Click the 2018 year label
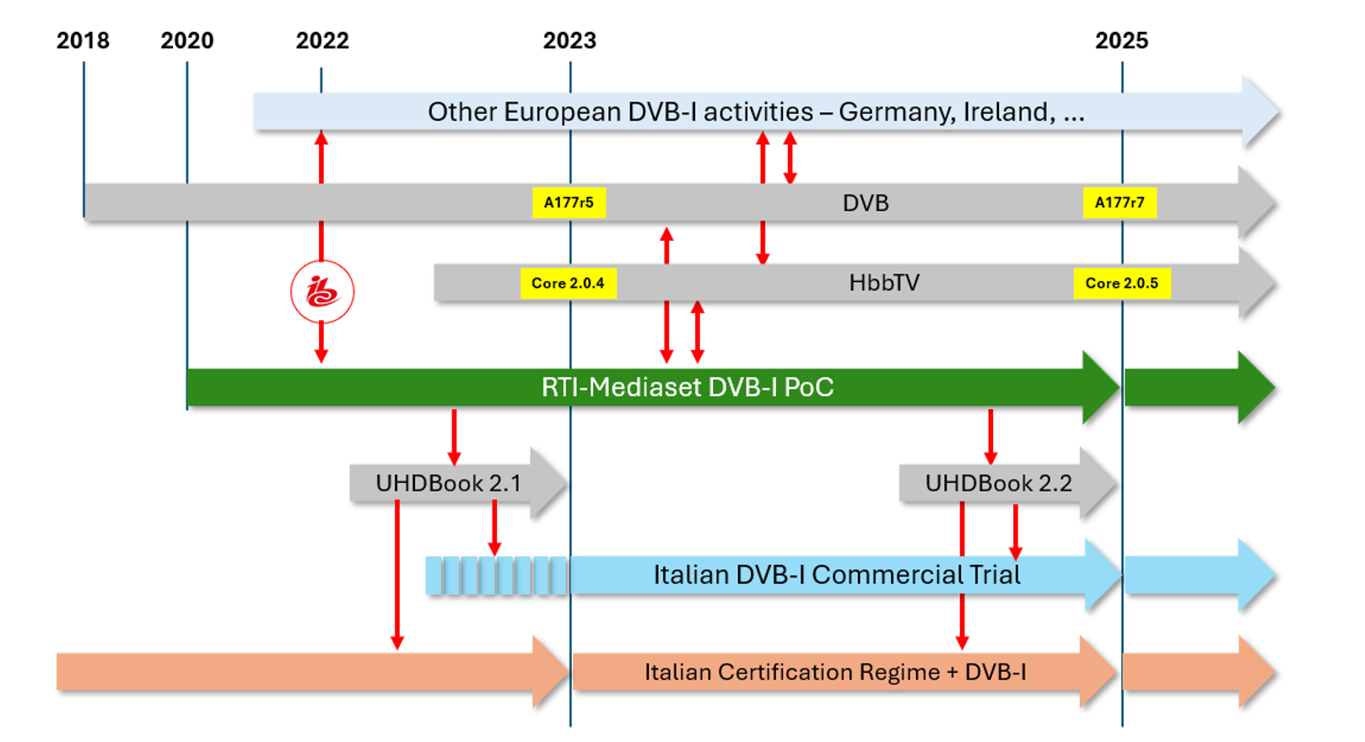[x=83, y=41]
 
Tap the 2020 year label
[x=187, y=41]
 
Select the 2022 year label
[x=322, y=41]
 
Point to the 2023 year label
[x=569, y=41]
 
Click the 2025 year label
[x=1121, y=41]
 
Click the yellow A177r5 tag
[x=569, y=203]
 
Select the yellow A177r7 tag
[x=1120, y=203]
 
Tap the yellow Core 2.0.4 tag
[x=568, y=284]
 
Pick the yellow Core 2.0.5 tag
[x=1121, y=284]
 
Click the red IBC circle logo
[x=322, y=292]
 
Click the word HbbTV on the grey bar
[x=884, y=283]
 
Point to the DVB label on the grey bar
[x=866, y=203]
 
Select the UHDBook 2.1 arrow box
[x=449, y=484]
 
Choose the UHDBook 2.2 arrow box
[x=998, y=484]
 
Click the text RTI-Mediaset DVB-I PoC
[x=688, y=387]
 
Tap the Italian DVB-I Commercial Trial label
[x=837, y=575]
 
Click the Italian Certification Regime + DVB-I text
[x=835, y=672]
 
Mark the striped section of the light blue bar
[x=497, y=576]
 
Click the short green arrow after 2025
[x=1198, y=387]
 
